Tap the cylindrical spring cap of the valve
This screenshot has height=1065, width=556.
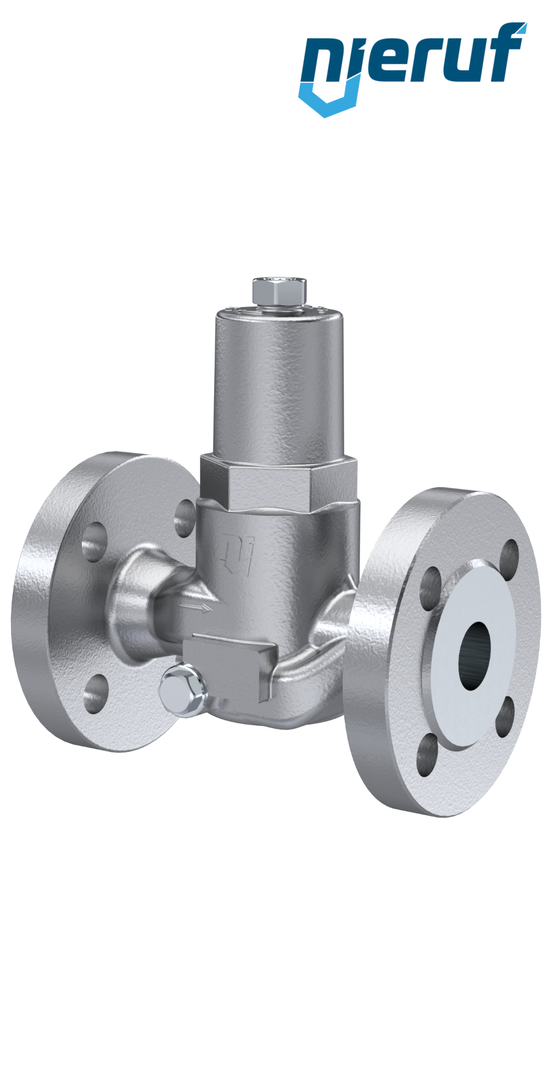[279, 382]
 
